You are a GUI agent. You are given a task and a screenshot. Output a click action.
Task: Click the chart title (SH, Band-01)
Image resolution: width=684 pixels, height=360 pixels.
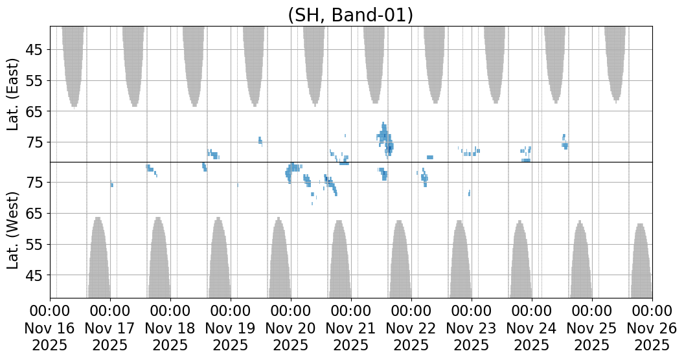point(350,14)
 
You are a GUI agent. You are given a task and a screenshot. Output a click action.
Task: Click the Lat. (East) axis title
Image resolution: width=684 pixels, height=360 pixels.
point(14,95)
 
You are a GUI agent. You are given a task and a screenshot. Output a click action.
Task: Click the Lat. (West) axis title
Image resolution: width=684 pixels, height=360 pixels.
point(14,230)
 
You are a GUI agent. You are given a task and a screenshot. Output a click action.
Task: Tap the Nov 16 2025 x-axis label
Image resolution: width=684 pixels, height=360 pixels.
point(50,328)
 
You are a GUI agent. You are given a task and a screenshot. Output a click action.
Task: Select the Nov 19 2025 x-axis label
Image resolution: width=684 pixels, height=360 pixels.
point(231,328)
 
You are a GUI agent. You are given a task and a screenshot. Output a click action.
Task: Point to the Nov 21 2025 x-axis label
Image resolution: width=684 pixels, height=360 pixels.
point(351,328)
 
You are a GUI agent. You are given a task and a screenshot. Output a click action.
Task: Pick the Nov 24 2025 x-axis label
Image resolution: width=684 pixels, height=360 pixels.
point(532,328)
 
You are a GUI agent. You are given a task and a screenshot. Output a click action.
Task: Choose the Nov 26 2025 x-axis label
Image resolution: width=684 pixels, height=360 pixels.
point(652,328)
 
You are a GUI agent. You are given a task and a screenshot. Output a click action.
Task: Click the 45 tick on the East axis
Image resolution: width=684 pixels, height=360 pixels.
point(34,50)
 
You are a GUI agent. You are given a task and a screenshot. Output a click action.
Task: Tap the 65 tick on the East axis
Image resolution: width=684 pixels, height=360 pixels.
point(34,111)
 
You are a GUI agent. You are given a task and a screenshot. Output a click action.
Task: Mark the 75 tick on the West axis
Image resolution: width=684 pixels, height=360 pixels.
point(34,183)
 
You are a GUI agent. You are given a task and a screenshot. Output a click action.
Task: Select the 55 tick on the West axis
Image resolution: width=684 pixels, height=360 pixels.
point(34,245)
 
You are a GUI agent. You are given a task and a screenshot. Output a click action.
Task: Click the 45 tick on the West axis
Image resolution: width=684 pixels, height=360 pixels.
point(34,276)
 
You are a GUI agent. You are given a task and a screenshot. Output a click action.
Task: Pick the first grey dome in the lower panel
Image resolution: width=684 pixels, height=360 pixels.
point(98,259)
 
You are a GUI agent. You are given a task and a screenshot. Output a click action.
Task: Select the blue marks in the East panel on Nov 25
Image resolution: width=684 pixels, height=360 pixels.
point(565,142)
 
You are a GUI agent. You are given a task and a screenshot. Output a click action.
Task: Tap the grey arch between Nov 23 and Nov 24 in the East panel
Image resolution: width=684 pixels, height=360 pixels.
point(495,62)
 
